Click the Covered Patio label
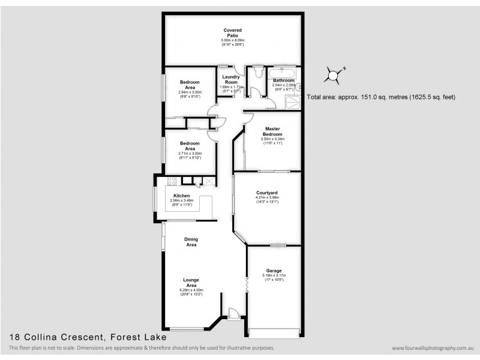[232, 32]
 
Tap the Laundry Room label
[231, 79]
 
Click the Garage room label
[274, 271]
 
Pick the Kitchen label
[182, 196]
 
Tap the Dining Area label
[191, 242]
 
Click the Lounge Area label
[191, 282]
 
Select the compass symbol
[332, 76]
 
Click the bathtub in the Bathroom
[282, 73]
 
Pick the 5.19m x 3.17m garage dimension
[274, 276]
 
